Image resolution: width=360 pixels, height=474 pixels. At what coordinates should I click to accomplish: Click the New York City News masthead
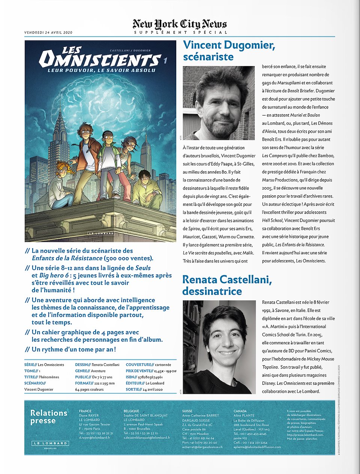[180, 24]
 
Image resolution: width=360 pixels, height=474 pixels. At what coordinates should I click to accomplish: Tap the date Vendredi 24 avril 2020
[48, 33]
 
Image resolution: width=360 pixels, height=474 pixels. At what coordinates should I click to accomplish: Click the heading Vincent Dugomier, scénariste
[229, 51]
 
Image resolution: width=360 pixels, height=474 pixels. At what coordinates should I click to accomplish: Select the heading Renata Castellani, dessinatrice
[227, 285]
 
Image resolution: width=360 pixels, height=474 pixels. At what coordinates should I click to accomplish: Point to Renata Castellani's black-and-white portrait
[219, 347]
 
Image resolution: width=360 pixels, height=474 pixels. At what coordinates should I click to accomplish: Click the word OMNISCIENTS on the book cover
[99, 60]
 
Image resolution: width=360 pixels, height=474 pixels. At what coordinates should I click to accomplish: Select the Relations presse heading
[49, 417]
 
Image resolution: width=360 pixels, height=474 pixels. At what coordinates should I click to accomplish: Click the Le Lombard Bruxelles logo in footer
[50, 444]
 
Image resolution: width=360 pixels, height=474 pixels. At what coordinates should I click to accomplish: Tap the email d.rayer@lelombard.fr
[94, 438]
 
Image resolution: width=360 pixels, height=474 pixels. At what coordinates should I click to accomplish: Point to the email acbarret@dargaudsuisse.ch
[202, 447]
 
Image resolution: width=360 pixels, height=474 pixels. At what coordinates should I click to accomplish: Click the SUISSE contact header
[187, 411]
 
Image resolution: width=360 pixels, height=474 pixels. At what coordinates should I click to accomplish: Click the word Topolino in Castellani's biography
[270, 367]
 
